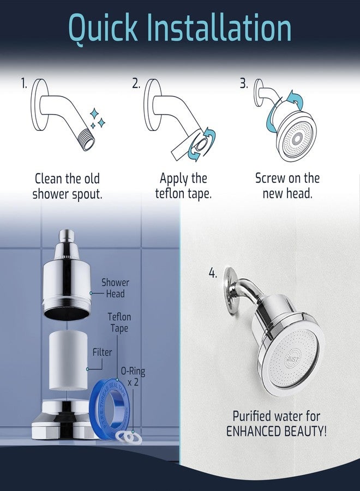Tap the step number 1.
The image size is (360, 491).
point(24,83)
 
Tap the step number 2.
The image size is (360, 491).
point(136,83)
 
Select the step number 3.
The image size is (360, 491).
point(244,83)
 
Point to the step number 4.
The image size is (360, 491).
point(213,272)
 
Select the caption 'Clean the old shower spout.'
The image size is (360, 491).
point(67,186)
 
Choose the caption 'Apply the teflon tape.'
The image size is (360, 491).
point(183,186)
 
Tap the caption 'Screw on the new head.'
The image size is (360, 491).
point(287,186)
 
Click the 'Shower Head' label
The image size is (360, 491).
point(115,288)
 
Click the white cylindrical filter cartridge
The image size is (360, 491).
point(69,362)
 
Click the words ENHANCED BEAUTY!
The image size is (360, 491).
point(277,431)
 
